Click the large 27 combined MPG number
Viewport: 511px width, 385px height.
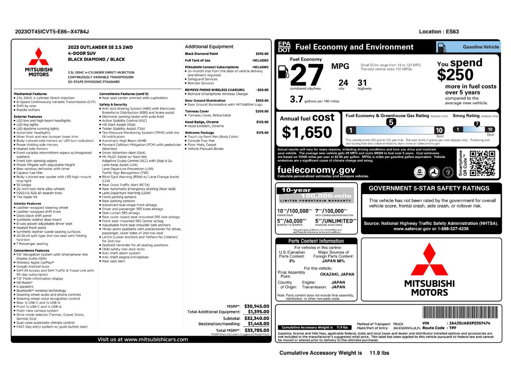coord(307,75)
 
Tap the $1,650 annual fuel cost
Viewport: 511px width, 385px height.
coord(307,132)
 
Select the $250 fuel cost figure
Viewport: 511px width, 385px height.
coord(455,75)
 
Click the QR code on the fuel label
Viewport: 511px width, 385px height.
coord(482,163)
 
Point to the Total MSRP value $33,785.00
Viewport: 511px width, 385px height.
coord(257,330)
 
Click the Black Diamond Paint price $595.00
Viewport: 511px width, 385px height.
coord(262,54)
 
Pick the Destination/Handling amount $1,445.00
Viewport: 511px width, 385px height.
coord(258,324)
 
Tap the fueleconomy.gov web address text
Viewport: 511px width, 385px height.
coord(316,170)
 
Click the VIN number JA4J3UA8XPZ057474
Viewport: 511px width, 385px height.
coord(469,323)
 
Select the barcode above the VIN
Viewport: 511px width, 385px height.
coord(461,313)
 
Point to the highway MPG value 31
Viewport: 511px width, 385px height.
coord(362,83)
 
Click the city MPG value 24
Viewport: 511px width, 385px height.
coord(343,83)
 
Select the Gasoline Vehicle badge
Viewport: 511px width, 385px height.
coord(468,47)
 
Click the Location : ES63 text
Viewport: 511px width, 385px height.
coord(439,32)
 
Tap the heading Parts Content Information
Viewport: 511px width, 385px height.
coord(316,241)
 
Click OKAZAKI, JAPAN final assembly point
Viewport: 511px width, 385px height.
coord(337,274)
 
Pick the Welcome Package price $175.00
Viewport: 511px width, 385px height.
coord(262,133)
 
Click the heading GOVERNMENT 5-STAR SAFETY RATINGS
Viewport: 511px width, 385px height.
coord(429,188)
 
